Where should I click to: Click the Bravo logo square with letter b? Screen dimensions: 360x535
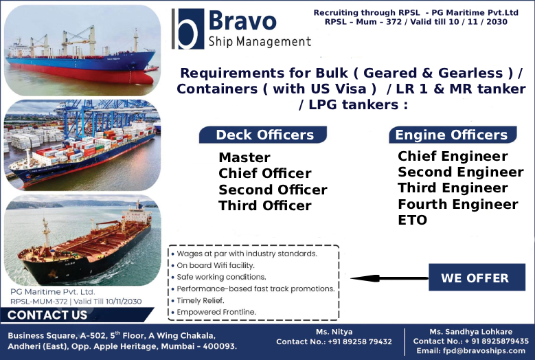pyautogui.click(x=187, y=28)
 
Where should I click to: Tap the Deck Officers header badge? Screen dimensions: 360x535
pyautogui.click(x=264, y=135)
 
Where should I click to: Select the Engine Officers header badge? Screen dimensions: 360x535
pyautogui.click(x=451, y=135)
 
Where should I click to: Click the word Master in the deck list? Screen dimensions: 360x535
pyautogui.click(x=244, y=157)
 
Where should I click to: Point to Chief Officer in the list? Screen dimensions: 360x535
pyautogui.click(x=264, y=173)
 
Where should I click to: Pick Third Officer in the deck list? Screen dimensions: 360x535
pyautogui.click(x=264, y=205)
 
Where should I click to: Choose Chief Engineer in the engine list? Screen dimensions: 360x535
pyautogui.click(x=453, y=156)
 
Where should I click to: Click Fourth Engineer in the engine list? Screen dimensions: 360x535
pyautogui.click(x=457, y=204)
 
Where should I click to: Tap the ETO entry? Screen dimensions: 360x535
pyautogui.click(x=412, y=220)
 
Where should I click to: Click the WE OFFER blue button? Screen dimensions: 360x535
pyautogui.click(x=475, y=278)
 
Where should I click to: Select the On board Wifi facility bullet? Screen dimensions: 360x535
pyautogui.click(x=215, y=265)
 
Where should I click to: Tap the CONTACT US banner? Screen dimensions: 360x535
pyautogui.click(x=48, y=315)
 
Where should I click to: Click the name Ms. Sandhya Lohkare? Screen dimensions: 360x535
pyautogui.click(x=470, y=332)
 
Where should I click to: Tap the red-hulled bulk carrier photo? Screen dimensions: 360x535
pyautogui.click(x=82, y=50)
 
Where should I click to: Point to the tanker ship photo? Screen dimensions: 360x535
pyautogui.click(x=82, y=240)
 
